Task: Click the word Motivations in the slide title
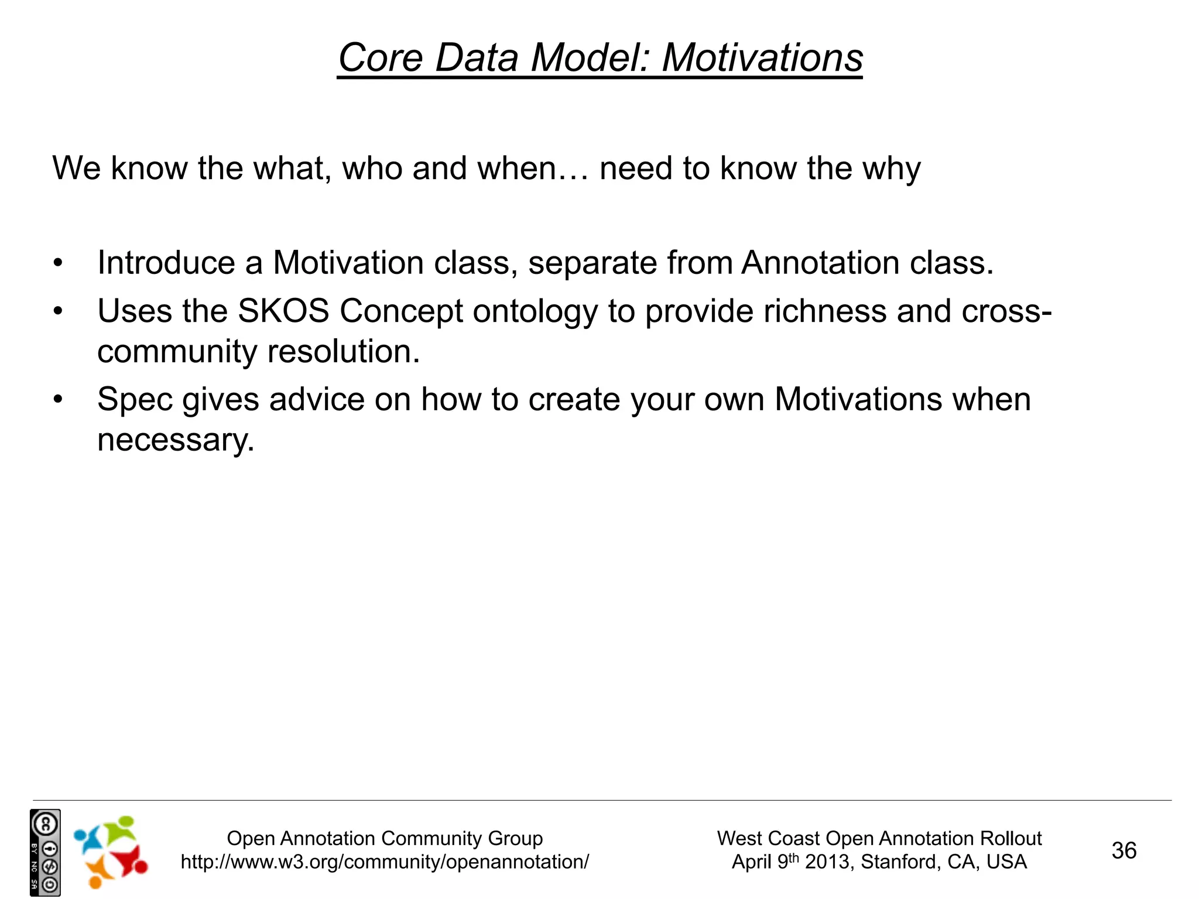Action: coord(762,58)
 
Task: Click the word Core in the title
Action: coord(381,58)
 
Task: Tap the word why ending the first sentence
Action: coord(891,169)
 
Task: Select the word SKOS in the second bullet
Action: coord(283,311)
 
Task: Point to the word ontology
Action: coord(535,312)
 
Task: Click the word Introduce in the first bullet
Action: coord(166,263)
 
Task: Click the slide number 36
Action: coord(1123,850)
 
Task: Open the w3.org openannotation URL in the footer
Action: coord(385,862)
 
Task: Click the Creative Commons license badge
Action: coord(45,852)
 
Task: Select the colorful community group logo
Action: coord(110,852)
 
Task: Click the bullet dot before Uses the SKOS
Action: coord(57,311)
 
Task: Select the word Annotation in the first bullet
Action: coord(820,263)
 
